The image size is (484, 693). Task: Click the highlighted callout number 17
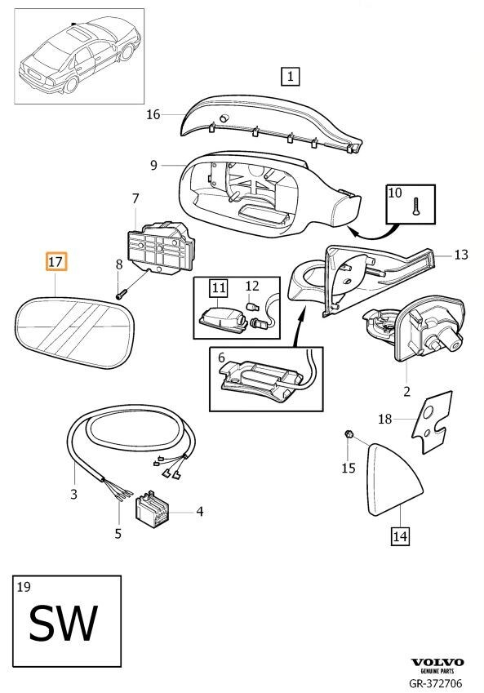click(x=56, y=262)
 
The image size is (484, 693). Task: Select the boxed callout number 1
click(x=290, y=76)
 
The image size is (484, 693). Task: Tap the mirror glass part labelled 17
click(x=74, y=332)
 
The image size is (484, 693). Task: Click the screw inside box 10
click(x=415, y=206)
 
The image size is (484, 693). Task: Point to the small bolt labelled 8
click(x=121, y=292)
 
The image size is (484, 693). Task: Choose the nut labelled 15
click(x=348, y=435)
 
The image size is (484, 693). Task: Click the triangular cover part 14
click(x=393, y=478)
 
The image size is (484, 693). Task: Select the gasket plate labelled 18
click(x=433, y=422)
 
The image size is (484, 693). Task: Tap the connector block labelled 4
click(x=151, y=509)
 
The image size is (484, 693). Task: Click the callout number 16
click(x=153, y=114)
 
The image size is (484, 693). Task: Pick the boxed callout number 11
click(x=219, y=288)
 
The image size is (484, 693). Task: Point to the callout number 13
click(x=461, y=255)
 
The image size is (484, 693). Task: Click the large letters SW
click(x=63, y=624)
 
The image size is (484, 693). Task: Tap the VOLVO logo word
click(x=437, y=662)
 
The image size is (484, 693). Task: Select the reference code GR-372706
click(x=436, y=683)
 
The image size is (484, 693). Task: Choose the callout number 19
click(x=24, y=587)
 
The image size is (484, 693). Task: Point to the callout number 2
click(x=406, y=391)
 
